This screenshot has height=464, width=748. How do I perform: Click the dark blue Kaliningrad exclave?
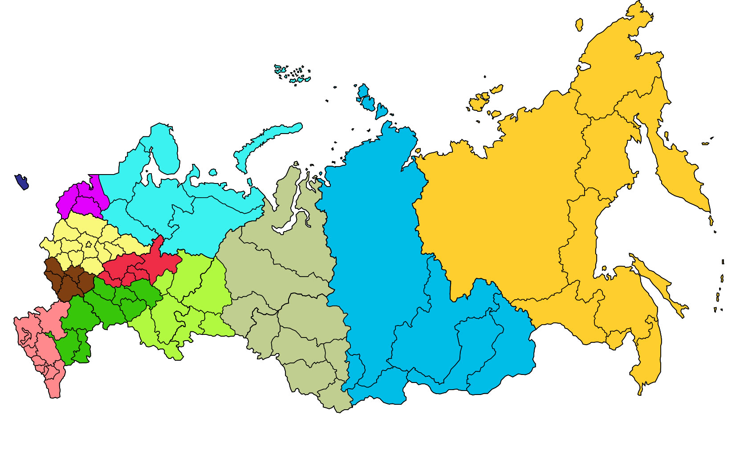21,181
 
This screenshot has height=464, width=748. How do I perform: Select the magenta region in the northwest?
82,198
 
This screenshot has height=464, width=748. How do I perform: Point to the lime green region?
196,289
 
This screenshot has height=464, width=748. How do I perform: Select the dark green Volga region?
107,303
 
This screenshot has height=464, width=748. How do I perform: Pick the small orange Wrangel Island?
579,24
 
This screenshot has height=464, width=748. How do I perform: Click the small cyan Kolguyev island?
212,172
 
